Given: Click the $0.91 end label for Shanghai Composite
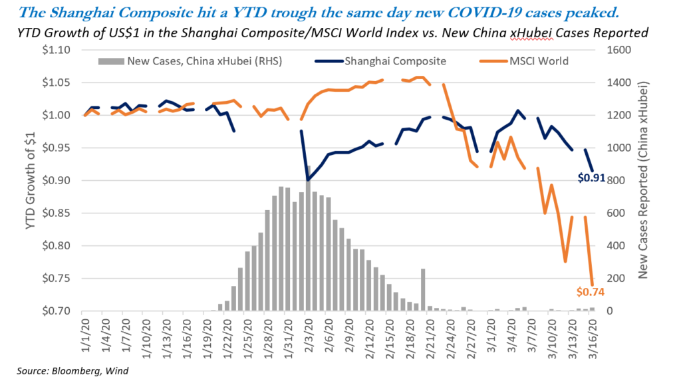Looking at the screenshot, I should pyautogui.click(x=591, y=178).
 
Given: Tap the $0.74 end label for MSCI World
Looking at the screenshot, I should pyautogui.click(x=590, y=291).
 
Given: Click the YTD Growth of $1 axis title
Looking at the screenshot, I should pyautogui.click(x=31, y=180).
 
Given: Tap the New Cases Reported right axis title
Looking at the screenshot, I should pyautogui.click(x=646, y=180).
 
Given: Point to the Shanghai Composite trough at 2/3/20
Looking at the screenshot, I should pyautogui.click(x=308, y=180).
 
